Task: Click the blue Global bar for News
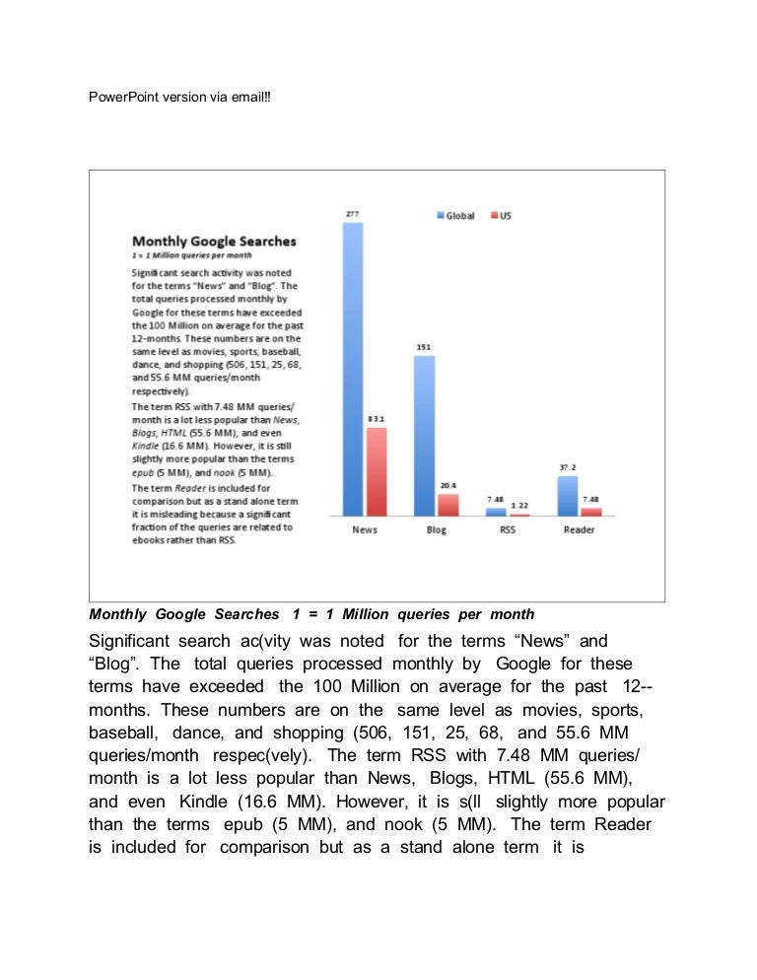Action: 353,369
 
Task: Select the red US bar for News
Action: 377,471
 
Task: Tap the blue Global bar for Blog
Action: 424,435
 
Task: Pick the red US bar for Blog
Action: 448,505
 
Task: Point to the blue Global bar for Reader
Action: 567,496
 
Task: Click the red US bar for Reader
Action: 590,512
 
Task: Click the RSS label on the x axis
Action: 508,530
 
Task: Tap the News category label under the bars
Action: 365,530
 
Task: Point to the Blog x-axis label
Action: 437,530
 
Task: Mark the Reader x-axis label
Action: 579,530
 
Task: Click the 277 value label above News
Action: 352,214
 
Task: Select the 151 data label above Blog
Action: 424,348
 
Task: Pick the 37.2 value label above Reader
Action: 567,466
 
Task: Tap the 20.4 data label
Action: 448,485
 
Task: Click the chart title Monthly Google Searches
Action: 214,241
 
